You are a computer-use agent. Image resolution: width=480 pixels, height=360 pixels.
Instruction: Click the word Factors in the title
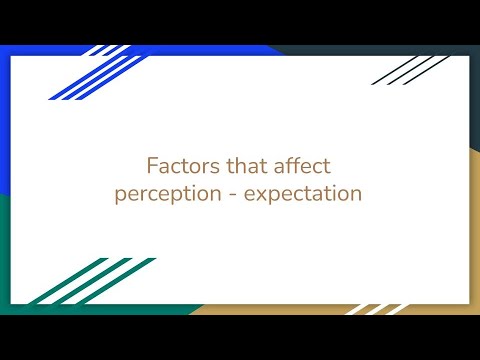(x=179, y=164)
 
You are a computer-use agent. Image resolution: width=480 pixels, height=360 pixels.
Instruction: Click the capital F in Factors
(x=152, y=164)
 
